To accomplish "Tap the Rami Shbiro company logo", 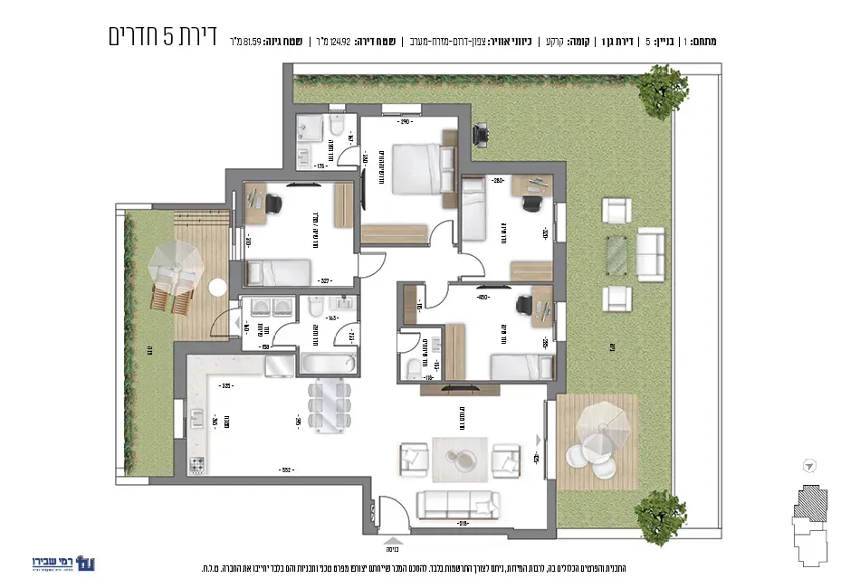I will pos(62,563).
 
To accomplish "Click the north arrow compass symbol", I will pos(807,466).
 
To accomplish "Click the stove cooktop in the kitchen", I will pos(198,466).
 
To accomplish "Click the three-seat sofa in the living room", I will pos(458,503).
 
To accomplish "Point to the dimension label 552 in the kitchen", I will pos(284,470).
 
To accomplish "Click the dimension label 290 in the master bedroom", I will pos(406,122).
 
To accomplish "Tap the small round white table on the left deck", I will pos(217,287).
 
